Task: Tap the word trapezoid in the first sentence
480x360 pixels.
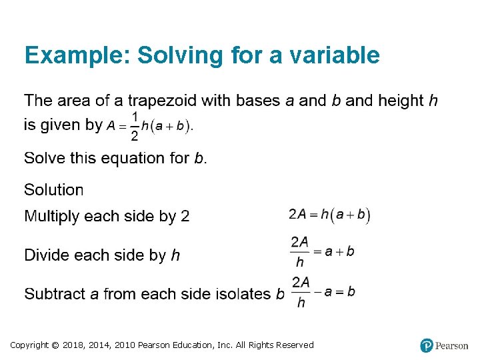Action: (x=162, y=101)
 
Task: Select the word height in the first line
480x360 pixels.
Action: (x=401, y=101)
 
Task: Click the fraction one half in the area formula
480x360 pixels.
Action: (x=134, y=127)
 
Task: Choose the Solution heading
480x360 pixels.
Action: (x=54, y=190)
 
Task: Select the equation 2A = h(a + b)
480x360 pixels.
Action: (x=329, y=215)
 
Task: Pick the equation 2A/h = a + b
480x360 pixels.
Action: (x=322, y=253)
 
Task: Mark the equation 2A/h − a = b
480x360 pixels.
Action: (x=323, y=292)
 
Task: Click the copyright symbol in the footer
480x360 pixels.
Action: (x=57, y=345)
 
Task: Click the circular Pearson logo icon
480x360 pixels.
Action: (x=427, y=345)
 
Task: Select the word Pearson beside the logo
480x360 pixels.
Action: (x=452, y=345)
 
